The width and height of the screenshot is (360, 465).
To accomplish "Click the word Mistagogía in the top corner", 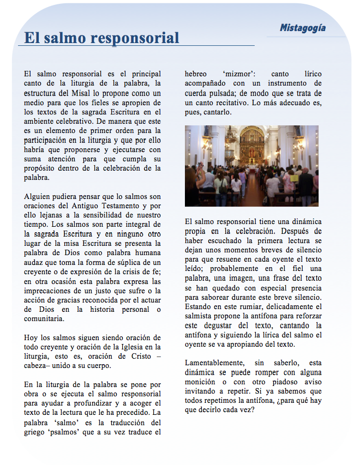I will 303,27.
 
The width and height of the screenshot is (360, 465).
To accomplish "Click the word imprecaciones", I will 49,290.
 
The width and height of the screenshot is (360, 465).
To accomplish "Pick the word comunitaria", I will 44,318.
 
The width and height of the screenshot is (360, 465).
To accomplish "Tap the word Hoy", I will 31,337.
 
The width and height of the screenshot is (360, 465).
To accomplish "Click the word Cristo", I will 139,356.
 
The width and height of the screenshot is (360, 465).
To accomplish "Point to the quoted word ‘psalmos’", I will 70,432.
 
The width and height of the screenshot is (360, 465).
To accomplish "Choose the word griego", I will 35,432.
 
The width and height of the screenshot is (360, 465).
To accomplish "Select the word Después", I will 306,231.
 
